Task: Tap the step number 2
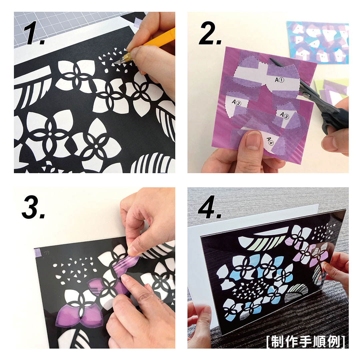tap(210, 33)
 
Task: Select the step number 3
tap(33, 207)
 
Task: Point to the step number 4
tap(210, 207)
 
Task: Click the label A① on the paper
tap(279, 80)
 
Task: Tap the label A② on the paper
tap(236, 102)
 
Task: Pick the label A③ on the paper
tap(284, 115)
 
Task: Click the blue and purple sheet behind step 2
tap(318, 42)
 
